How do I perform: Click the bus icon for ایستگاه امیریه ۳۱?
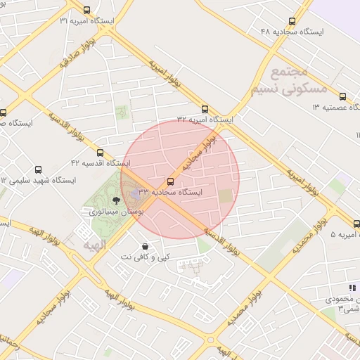pos(86,10)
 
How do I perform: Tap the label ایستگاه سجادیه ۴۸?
pos(292,32)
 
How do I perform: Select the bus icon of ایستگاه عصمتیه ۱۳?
pos(342,97)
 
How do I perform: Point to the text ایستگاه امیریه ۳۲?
pos(205,120)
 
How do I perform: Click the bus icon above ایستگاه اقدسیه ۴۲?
pos(100,153)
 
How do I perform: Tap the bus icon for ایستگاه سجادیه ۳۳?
pos(170,181)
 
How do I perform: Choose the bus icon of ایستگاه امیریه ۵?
pos(356,224)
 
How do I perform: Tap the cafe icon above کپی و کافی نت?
pos(145,246)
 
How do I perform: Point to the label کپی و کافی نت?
pos(146,258)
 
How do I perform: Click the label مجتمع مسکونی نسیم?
pos(288,82)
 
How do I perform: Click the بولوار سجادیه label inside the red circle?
pos(204,153)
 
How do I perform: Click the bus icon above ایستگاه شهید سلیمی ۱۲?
pos(39,169)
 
